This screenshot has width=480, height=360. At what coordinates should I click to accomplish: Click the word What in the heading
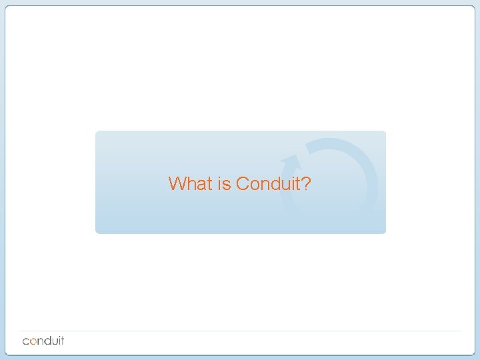coord(190,183)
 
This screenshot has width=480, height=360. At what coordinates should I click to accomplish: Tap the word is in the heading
coord(224,183)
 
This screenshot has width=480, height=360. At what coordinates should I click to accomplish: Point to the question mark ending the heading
coord(306,183)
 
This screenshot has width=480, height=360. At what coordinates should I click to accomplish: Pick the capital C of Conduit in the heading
coord(242,183)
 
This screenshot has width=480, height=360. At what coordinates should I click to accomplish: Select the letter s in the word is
coord(227,185)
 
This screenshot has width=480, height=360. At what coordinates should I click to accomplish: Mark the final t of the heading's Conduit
coord(297,183)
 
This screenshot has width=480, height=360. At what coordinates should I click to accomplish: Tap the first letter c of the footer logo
coord(27,341)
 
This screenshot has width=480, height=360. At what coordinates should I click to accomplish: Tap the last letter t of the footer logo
coord(63,340)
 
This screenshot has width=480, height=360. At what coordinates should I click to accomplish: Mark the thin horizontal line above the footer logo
coord(240,331)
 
